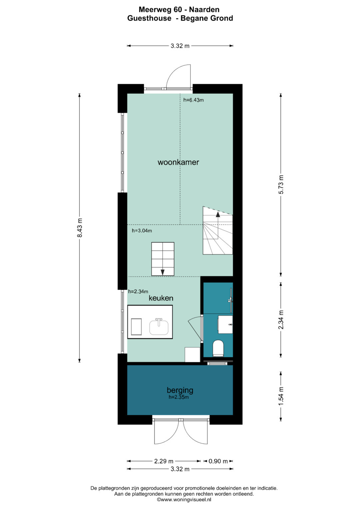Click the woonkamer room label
pos(178,162)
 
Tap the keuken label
pos(161,298)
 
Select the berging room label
pos(180,390)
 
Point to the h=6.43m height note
pos(193,100)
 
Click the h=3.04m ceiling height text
pos(142,231)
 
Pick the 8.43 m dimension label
pos(80,228)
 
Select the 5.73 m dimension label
pos(281,184)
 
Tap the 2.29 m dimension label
pos(164,461)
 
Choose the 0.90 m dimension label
pos(218,461)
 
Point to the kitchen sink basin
pos(159,327)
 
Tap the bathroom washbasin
pos(225,324)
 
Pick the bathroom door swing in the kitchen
pos(195,328)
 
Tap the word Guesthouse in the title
pos(149,18)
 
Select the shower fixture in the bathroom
pos(230,300)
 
